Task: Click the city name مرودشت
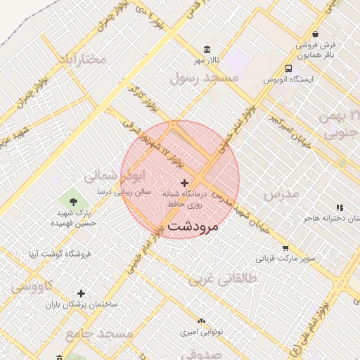coord(193,226)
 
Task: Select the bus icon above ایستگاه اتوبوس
coord(289,68)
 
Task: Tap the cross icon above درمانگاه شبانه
coord(185,183)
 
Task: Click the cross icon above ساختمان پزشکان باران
coord(82,292)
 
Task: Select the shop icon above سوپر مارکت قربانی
coord(285,247)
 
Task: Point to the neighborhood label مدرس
coord(281,192)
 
